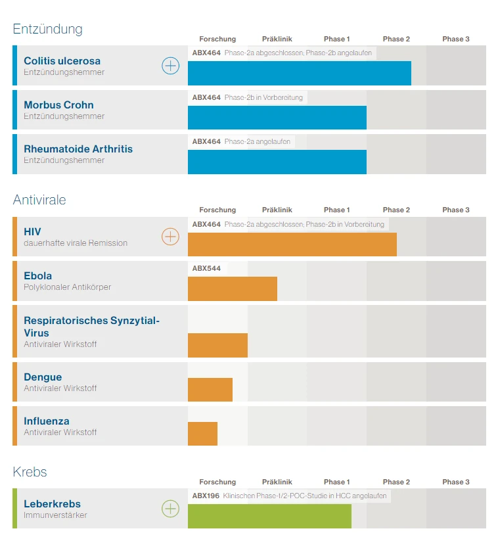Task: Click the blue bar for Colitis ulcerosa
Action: pyautogui.click(x=300, y=73)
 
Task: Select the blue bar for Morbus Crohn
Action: pyautogui.click(x=277, y=118)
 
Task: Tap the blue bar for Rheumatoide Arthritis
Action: pyautogui.click(x=277, y=162)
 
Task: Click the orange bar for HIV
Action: pyautogui.click(x=292, y=244)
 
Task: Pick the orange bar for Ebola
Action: pyautogui.click(x=233, y=289)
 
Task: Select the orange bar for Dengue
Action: pyautogui.click(x=210, y=389)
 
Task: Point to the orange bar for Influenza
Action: pyautogui.click(x=202, y=433)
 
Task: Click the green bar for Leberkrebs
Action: pyautogui.click(x=269, y=516)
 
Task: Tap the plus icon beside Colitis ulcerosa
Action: pyautogui.click(x=170, y=66)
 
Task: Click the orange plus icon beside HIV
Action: pyautogui.click(x=170, y=237)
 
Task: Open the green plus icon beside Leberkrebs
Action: pyautogui.click(x=170, y=508)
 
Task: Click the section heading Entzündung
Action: pyautogui.click(x=48, y=29)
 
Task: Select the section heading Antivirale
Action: pyautogui.click(x=39, y=200)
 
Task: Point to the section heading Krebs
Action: pyautogui.click(x=30, y=472)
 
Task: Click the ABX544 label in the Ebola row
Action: pyautogui.click(x=206, y=268)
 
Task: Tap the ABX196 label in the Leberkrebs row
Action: pyautogui.click(x=206, y=496)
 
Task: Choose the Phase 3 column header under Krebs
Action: pyautogui.click(x=455, y=482)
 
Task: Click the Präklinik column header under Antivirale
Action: pyautogui.click(x=277, y=210)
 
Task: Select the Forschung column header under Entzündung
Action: pyautogui.click(x=217, y=39)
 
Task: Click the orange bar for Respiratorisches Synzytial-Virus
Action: pyautogui.click(x=217, y=345)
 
